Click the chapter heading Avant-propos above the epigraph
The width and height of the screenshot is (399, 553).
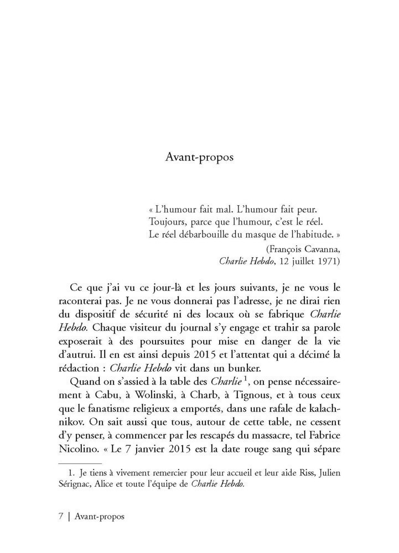coord(199,157)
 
